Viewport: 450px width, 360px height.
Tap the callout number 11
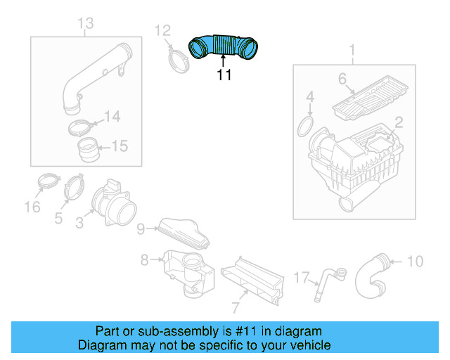point(224,75)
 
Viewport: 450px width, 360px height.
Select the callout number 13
point(84,25)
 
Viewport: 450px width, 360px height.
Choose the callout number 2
point(398,122)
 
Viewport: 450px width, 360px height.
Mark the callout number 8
point(145,260)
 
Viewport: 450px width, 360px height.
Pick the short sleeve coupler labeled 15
point(90,150)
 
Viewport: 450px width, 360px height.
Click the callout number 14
point(112,116)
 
